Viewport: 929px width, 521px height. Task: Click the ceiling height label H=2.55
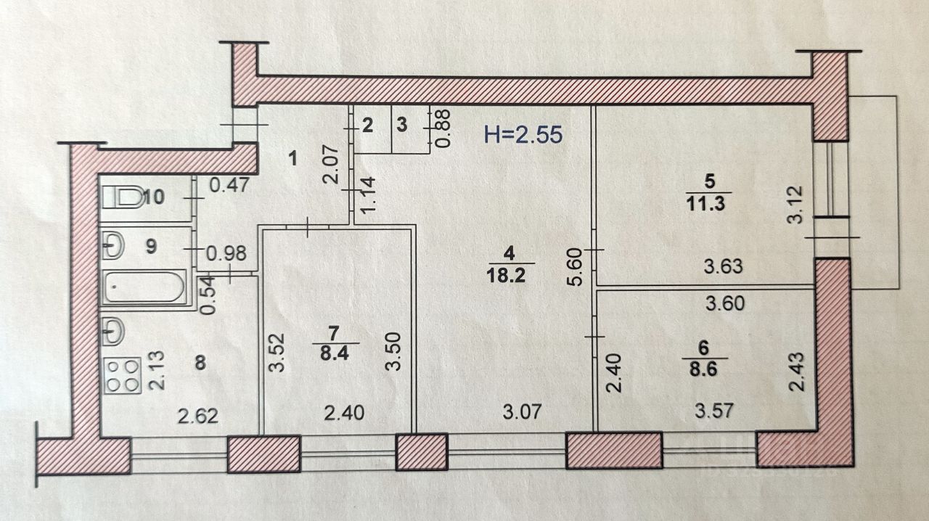coord(523,135)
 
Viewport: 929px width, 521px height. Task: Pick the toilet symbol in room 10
coord(123,197)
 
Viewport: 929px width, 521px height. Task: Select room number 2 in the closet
coord(367,125)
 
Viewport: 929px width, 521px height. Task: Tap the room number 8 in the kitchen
coord(200,363)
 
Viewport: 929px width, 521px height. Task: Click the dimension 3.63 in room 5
coord(724,266)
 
